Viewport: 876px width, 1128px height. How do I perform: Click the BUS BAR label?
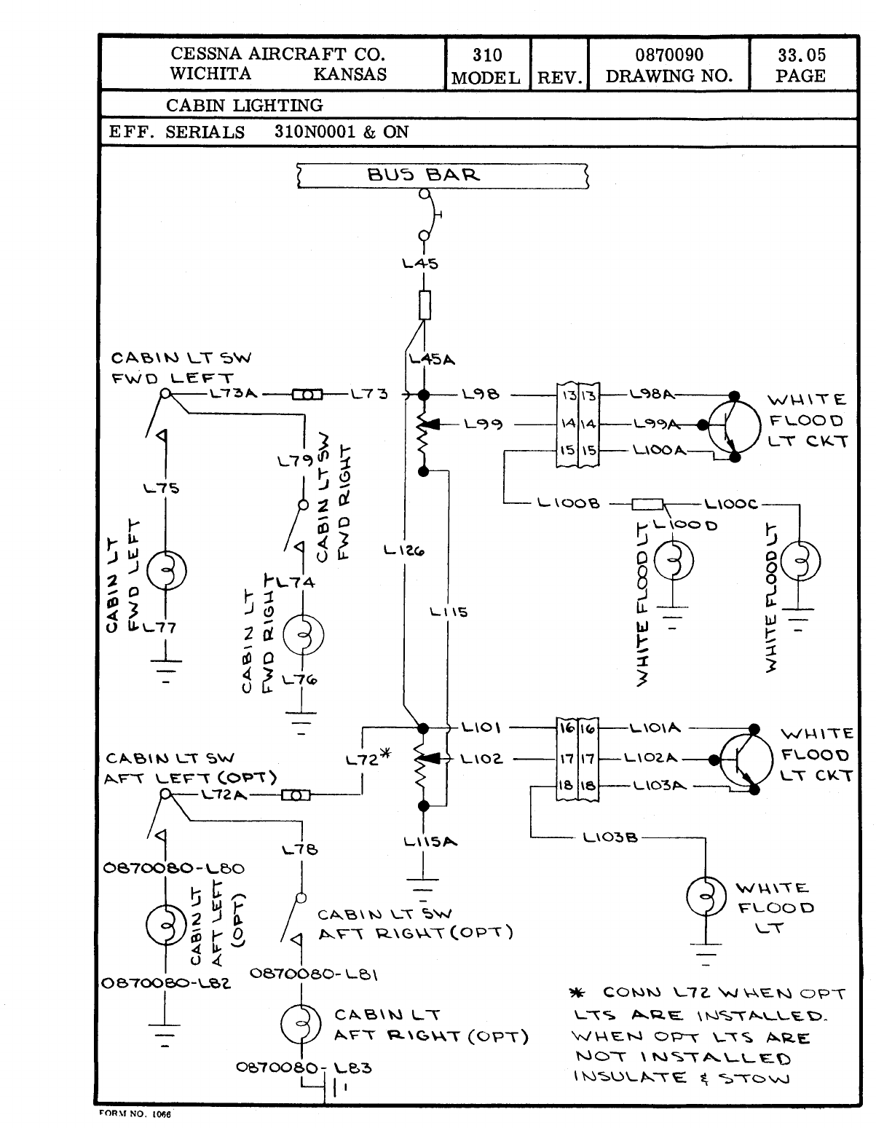point(424,175)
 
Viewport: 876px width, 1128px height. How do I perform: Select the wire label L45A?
point(432,359)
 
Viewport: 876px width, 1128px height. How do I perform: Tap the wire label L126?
point(404,550)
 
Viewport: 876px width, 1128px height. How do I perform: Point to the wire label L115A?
point(430,842)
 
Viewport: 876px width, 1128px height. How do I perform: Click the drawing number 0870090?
point(669,55)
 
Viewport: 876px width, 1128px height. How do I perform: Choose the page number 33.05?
point(801,55)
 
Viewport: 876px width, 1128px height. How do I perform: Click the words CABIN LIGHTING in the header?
point(245,106)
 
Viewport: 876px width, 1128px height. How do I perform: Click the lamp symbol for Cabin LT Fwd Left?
point(166,570)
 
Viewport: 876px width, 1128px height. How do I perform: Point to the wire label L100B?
point(568,503)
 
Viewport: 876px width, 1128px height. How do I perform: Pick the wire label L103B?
point(609,837)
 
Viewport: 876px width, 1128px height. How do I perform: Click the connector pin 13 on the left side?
point(569,395)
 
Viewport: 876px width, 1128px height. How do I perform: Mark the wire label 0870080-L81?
point(313,973)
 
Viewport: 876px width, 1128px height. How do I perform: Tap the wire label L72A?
point(224,794)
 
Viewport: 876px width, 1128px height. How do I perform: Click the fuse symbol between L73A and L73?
point(307,395)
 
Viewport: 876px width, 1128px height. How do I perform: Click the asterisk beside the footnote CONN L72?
point(577,993)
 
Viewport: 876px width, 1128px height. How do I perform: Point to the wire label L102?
point(481,759)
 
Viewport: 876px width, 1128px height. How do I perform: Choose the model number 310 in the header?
point(487,55)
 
